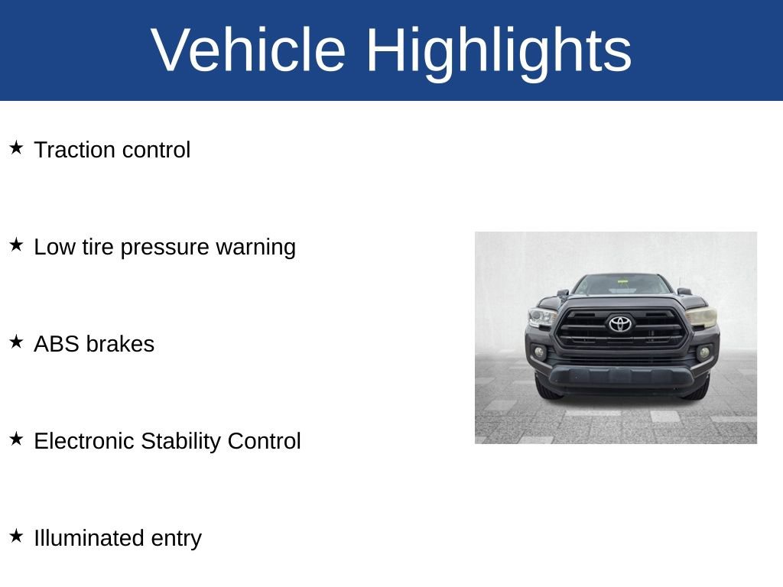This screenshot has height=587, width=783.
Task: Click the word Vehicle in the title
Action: click(x=249, y=50)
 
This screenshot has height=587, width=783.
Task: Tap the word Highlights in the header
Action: click(x=499, y=50)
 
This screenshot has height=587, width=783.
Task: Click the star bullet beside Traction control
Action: click(x=16, y=148)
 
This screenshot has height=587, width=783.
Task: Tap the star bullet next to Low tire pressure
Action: click(x=16, y=245)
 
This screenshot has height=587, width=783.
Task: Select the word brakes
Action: click(x=120, y=344)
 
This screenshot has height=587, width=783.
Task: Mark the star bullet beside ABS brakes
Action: click(x=16, y=342)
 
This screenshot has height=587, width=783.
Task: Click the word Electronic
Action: click(x=84, y=441)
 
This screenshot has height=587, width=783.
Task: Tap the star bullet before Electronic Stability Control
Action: click(x=16, y=439)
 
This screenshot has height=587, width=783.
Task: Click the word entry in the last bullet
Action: click(x=177, y=539)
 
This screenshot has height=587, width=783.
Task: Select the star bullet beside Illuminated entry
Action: click(x=16, y=536)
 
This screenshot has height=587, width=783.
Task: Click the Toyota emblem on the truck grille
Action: click(x=620, y=324)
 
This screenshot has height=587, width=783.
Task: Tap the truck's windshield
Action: click(x=621, y=285)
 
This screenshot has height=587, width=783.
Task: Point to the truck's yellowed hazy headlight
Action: click(x=700, y=317)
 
